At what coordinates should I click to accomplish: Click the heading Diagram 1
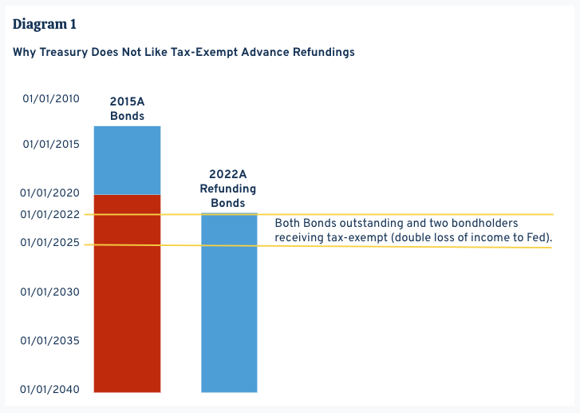(45, 23)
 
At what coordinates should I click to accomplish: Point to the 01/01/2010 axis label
(51, 99)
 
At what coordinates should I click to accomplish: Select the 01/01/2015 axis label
(51, 145)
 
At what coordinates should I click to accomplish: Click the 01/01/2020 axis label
(51, 193)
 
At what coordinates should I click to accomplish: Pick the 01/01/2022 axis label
(51, 214)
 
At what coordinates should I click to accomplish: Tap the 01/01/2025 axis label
(51, 243)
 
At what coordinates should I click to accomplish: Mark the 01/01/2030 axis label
(51, 292)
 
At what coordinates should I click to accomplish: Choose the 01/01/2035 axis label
(51, 341)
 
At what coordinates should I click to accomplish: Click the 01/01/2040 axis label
(51, 390)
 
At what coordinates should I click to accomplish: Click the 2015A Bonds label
(127, 109)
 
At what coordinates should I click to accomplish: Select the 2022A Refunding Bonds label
(228, 189)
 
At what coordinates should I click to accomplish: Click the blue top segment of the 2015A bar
(127, 160)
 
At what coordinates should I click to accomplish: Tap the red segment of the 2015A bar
(127, 296)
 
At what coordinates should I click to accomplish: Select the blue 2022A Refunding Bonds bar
(229, 312)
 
